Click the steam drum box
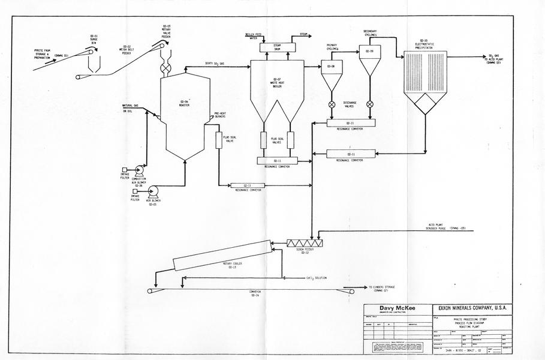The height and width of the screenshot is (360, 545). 277,47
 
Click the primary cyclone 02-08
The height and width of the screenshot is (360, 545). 332,73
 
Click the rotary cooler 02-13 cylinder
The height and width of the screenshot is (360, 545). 220,254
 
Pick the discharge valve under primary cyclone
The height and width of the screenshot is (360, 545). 332,104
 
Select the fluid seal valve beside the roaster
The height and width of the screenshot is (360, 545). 218,139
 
